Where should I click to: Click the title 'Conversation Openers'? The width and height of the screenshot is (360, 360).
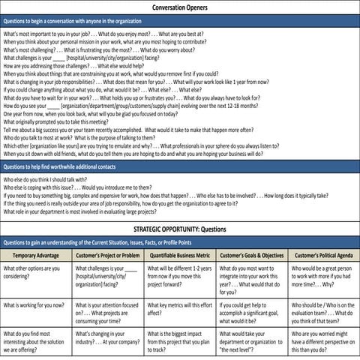pyautogui.click(x=180, y=7)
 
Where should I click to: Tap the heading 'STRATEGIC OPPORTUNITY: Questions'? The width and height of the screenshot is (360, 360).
pyautogui.click(x=180, y=228)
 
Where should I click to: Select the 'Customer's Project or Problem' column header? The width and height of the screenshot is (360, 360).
pyautogui.click(x=108, y=256)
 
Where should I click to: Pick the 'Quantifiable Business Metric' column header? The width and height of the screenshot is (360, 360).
pyautogui.click(x=180, y=256)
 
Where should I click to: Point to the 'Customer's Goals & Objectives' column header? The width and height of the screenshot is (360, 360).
pyautogui.click(x=252, y=256)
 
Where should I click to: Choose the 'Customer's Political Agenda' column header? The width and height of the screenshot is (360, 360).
pyautogui.click(x=324, y=256)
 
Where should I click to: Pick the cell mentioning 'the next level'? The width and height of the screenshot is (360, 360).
pyautogui.click(x=251, y=341)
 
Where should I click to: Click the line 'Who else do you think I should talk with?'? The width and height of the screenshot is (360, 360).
pyautogui.click(x=52, y=181)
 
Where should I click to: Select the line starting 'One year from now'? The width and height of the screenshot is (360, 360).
pyautogui.click(x=90, y=113)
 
